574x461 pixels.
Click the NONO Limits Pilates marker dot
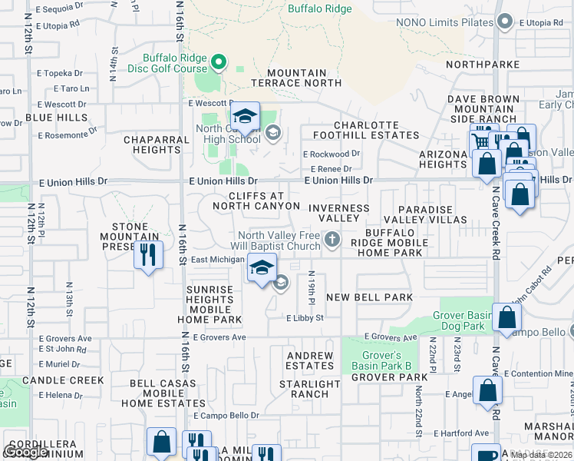(x=504, y=22)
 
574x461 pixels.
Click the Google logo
(x=25, y=452)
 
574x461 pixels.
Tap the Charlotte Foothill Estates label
(x=377, y=130)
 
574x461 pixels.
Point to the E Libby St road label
(x=305, y=317)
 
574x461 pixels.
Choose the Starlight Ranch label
(x=309, y=389)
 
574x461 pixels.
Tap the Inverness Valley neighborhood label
(x=338, y=213)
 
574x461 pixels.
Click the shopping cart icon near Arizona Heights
(x=480, y=141)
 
